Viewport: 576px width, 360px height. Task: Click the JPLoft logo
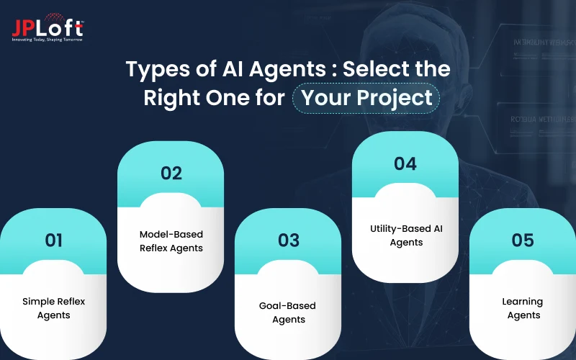47,27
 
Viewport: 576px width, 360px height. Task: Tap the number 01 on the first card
53,240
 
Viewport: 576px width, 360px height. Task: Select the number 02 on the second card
171,173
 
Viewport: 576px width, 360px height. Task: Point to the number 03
288,239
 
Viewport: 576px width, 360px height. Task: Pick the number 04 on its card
405,163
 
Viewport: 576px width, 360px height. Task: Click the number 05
523,239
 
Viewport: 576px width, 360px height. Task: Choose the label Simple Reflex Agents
54,308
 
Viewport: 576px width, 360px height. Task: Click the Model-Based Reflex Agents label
171,241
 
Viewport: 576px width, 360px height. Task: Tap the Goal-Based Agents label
288,312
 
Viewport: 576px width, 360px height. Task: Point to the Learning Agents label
523,308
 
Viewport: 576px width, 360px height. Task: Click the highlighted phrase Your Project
366,97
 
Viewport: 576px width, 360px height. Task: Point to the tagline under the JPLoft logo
47,39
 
